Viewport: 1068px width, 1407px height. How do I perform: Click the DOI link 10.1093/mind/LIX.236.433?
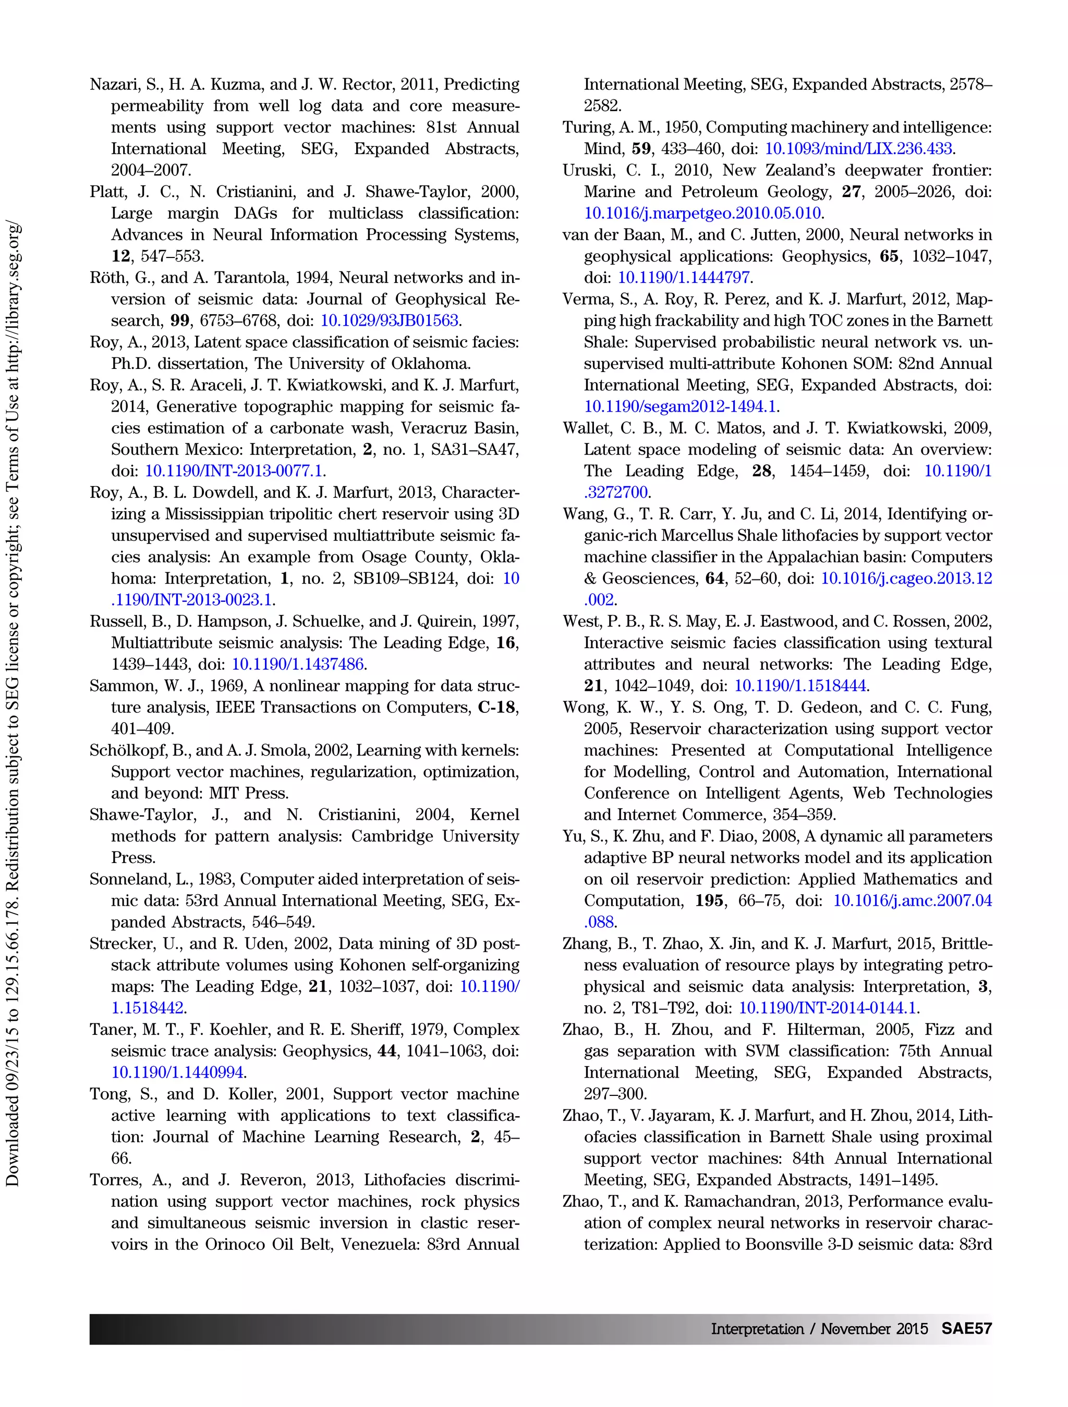(858, 149)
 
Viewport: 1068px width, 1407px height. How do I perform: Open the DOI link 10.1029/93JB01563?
(389, 320)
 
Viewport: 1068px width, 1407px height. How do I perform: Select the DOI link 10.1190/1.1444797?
(684, 278)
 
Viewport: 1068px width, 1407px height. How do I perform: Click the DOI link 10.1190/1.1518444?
(800, 686)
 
